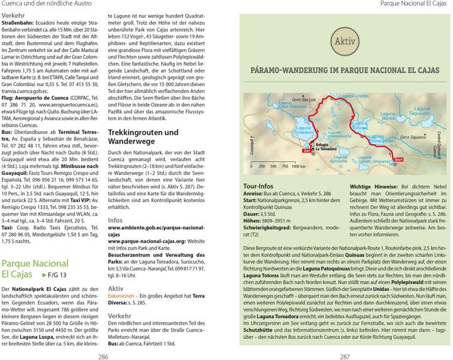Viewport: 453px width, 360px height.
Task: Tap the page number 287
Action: tap(344, 355)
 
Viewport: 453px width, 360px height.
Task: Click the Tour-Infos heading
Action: tap(257, 187)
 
